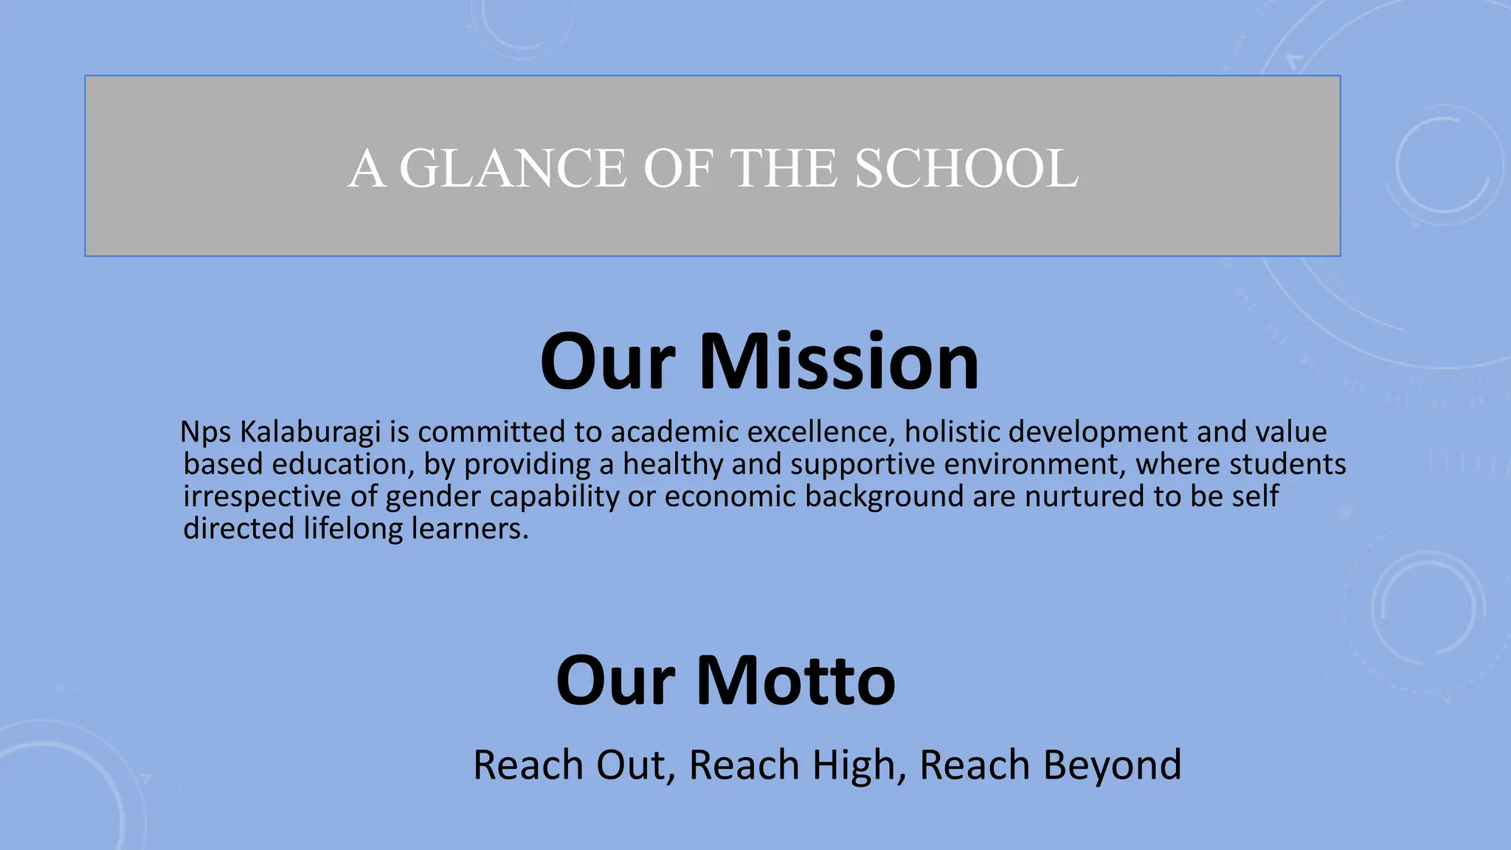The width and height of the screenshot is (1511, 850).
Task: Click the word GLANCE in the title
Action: [x=513, y=168]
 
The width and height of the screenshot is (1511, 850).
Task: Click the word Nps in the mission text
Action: [x=206, y=432]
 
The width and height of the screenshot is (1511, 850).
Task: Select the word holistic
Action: [x=952, y=432]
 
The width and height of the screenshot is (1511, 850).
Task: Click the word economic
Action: [x=730, y=497]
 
